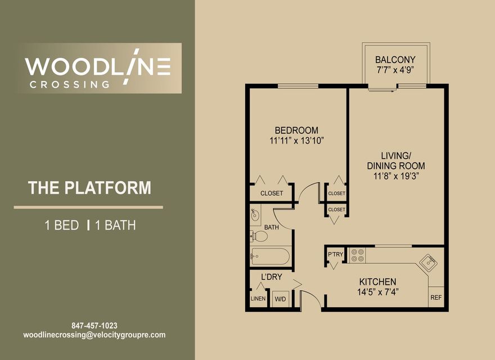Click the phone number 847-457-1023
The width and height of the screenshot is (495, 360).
tap(94, 326)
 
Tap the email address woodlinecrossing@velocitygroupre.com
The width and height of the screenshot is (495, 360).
tap(94, 335)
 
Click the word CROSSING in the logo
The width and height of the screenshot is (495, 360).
tap(69, 84)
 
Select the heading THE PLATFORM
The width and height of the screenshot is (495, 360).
tap(89, 187)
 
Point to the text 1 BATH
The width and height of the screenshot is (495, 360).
tap(115, 225)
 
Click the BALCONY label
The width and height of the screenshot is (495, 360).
tap(395, 60)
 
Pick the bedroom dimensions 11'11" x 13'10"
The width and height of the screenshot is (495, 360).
tap(297, 141)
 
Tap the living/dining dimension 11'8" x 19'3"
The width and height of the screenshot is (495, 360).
tap(396, 176)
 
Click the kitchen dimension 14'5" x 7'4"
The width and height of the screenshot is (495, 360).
tap(378, 292)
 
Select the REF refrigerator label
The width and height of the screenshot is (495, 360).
tap(436, 298)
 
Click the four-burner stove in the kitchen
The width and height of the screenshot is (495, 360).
tap(357, 255)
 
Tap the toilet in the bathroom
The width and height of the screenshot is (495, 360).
tap(259, 236)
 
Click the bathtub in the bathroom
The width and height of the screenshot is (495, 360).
tap(270, 256)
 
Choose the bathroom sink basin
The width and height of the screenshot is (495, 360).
tap(255, 215)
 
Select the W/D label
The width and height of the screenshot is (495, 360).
tap(280, 299)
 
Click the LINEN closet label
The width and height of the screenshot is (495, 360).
tap(258, 299)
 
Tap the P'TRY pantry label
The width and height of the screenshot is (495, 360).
tap(335, 254)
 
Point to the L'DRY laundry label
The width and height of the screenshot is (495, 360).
tap(272, 277)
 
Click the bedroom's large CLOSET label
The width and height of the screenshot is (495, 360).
tap(272, 193)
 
